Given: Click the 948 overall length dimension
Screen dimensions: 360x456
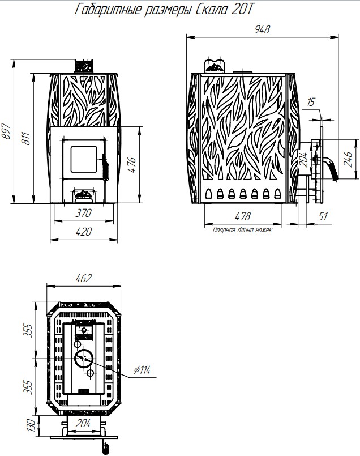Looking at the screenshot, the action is [x=262, y=29].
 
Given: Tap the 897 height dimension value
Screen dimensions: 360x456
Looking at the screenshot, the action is [x=6, y=131].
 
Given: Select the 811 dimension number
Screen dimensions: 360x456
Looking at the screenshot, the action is [x=25, y=139].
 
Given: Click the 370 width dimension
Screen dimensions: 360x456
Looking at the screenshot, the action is [x=83, y=213].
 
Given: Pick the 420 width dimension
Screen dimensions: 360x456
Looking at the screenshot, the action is [x=83, y=232].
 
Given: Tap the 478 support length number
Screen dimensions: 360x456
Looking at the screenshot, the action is [x=242, y=216].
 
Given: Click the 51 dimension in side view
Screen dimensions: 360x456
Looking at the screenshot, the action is [x=323, y=216].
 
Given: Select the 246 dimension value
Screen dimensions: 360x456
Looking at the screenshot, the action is [x=348, y=159].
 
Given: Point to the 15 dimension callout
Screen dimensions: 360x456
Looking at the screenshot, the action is [x=311, y=103].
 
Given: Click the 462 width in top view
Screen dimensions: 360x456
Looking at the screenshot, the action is [x=83, y=278].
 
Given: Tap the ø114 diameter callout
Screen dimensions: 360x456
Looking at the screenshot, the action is [x=142, y=370].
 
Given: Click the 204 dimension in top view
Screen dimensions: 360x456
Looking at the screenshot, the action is [x=83, y=424].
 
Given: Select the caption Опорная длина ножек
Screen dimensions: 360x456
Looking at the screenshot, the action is [x=242, y=230].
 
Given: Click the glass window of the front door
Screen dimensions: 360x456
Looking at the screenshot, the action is [x=84, y=159].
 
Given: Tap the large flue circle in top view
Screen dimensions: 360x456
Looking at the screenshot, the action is [x=84, y=358].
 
